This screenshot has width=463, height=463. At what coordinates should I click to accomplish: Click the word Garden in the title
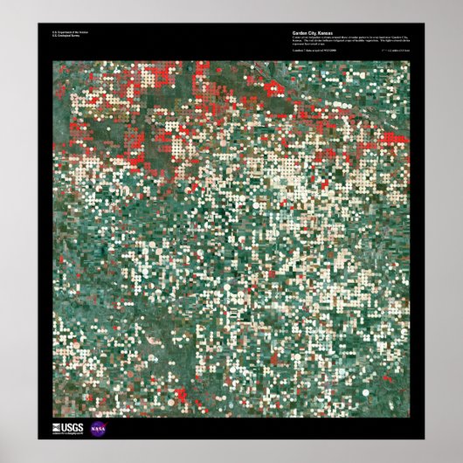tap(301, 33)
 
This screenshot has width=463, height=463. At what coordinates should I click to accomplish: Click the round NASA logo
tap(97, 430)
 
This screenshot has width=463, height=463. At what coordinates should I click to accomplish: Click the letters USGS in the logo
tap(73, 427)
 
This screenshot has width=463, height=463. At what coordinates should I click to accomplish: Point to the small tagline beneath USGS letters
tap(70, 435)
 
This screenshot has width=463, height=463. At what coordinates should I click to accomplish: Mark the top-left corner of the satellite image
tap(52, 60)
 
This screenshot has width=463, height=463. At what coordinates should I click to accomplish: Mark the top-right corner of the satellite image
tap(410, 60)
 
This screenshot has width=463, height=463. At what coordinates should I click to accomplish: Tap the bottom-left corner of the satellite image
tap(52, 415)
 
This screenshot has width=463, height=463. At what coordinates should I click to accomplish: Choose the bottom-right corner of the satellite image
tap(410, 415)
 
